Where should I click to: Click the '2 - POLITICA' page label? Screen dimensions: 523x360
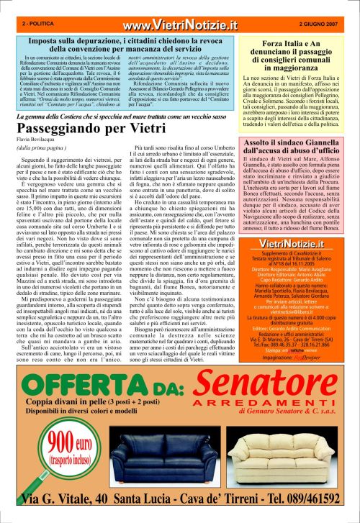pyautogui.click(x=37, y=24)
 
